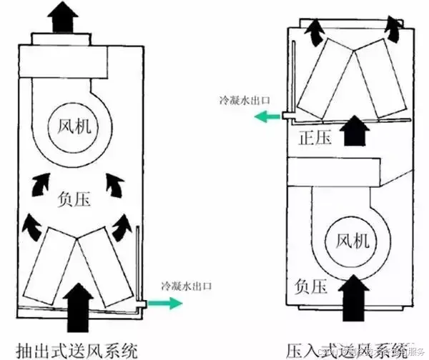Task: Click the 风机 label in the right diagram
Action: (352, 242)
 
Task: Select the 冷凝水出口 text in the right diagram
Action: (245, 100)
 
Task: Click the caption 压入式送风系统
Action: (347, 349)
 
